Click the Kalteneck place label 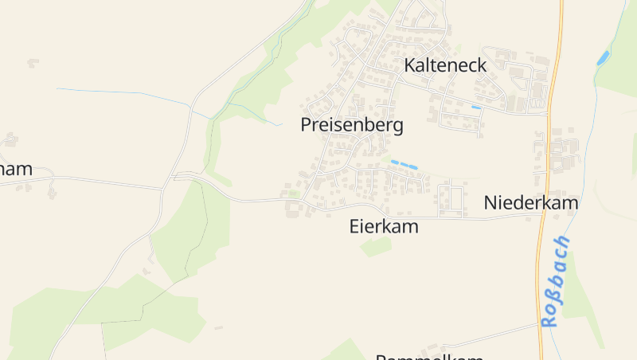(x=445, y=65)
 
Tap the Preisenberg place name (x=352, y=125)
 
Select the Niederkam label (x=531, y=203)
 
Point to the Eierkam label (x=384, y=227)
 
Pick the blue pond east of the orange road (x=603, y=57)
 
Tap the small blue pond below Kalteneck (x=476, y=108)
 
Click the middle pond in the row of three (x=403, y=164)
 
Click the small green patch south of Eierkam (x=377, y=246)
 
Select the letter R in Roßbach (x=548, y=320)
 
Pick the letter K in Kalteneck (x=410, y=65)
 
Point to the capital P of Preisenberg (x=307, y=125)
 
